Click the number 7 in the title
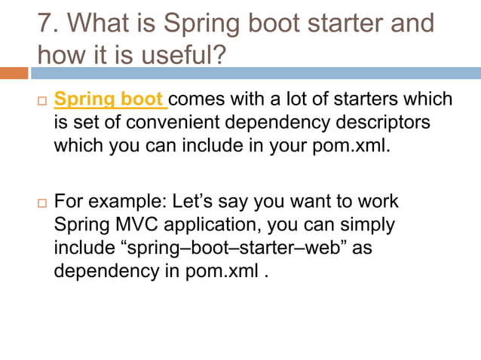[x=45, y=24]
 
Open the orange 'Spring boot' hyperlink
[x=109, y=99]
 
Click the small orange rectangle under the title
[x=14, y=73]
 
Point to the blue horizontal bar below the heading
[x=256, y=73]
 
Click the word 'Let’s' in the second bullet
[x=196, y=203]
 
